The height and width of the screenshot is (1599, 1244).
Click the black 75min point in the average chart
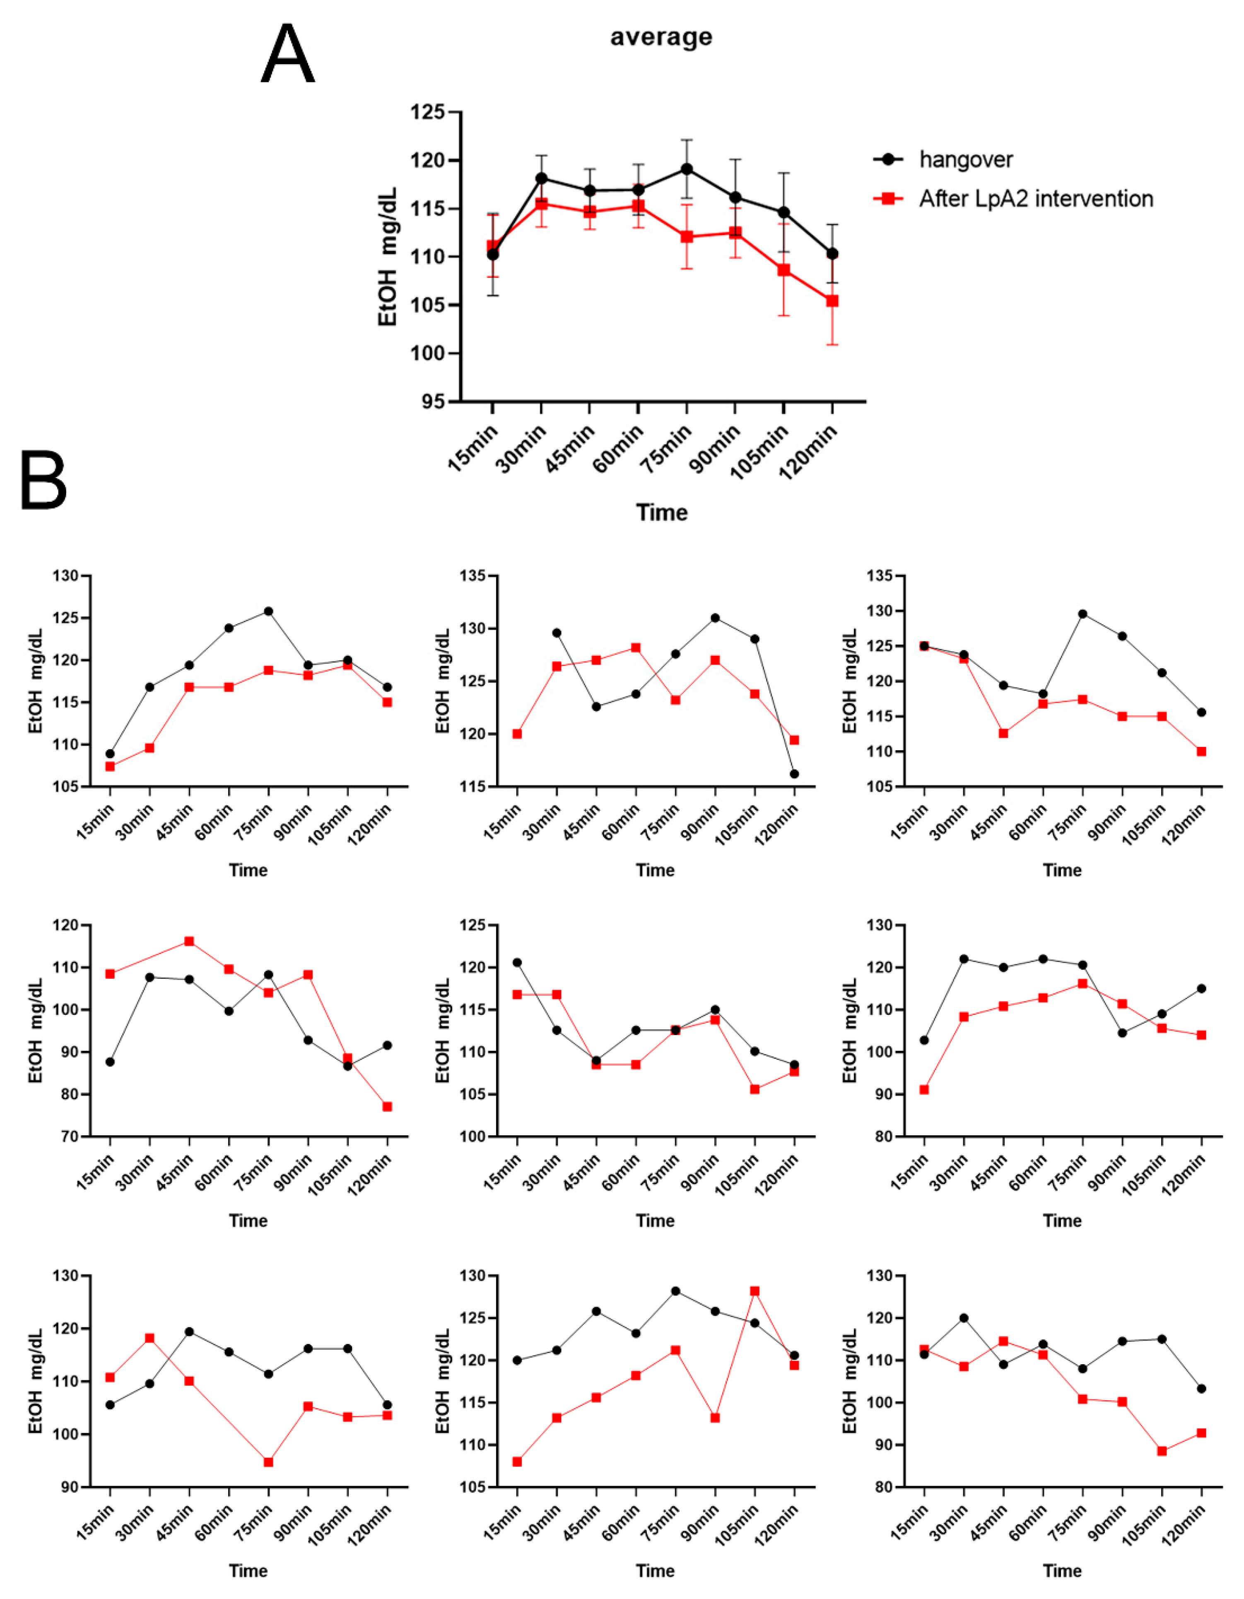click(687, 169)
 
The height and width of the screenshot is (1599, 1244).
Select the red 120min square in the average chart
click(832, 301)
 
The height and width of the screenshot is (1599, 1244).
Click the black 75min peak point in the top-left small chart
click(269, 611)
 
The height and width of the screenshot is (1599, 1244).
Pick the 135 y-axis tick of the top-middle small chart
click(473, 576)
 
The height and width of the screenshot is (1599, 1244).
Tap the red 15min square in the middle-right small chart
click(924, 1089)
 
